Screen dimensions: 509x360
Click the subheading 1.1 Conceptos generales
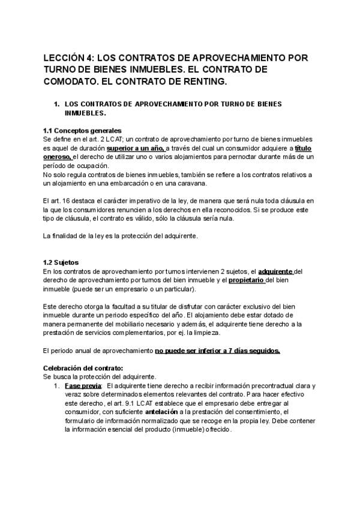tap(83, 131)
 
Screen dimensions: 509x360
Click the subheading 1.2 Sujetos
tap(62, 262)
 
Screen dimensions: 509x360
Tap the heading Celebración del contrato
tap(83, 367)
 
